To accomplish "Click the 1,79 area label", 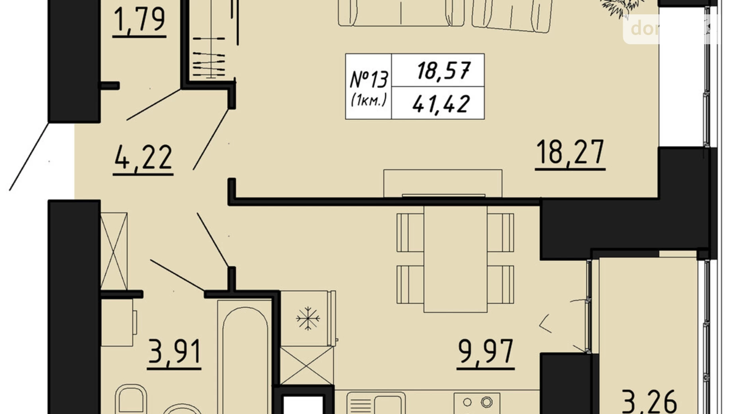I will pyautogui.click(x=139, y=20).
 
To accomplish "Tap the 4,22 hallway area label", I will pyautogui.click(x=143, y=158).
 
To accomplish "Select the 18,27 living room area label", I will pyautogui.click(x=570, y=152).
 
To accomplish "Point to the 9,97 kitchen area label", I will pyautogui.click(x=486, y=352).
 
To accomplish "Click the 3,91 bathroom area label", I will pyautogui.click(x=174, y=352).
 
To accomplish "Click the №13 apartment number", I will pyautogui.click(x=368, y=80).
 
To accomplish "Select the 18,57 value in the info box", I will pyautogui.click(x=443, y=71).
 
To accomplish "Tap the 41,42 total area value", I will pyautogui.click(x=441, y=104).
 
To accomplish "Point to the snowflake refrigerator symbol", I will pyautogui.click(x=308, y=318).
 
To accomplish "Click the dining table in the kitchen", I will pyautogui.click(x=455, y=259).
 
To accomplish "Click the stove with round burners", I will pyautogui.click(x=477, y=403).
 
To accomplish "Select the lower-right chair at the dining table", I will pyautogui.click(x=501, y=285).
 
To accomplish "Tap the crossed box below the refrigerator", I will pyautogui.click(x=307, y=365).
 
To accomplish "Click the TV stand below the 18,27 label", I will pyautogui.click(x=443, y=183).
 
